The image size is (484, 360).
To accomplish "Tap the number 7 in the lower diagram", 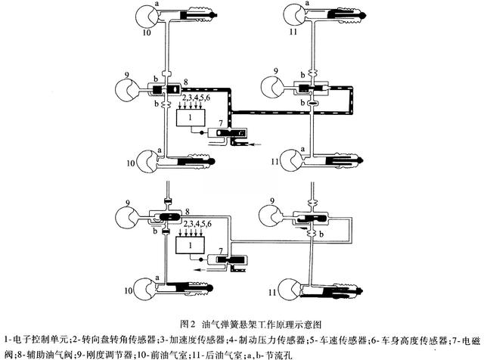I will tap(221, 249).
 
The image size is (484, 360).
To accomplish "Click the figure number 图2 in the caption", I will tap(191, 323).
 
